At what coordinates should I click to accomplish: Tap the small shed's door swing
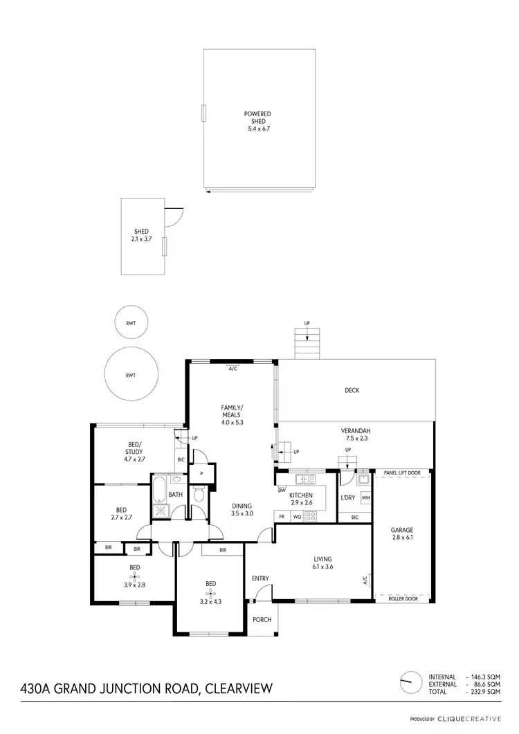click(x=173, y=217)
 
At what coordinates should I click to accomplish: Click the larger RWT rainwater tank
click(x=130, y=374)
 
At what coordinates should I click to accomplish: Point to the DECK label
click(x=352, y=390)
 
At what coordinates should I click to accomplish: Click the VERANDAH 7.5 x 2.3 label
click(x=355, y=433)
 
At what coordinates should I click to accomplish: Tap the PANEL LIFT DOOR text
click(x=401, y=473)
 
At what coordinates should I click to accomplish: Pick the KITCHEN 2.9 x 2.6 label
click(x=301, y=499)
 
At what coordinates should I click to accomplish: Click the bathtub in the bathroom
click(x=159, y=488)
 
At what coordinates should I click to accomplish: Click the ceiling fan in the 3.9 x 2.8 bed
click(x=134, y=576)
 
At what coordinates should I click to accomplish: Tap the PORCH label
click(x=262, y=620)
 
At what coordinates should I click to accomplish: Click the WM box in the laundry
click(x=365, y=497)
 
